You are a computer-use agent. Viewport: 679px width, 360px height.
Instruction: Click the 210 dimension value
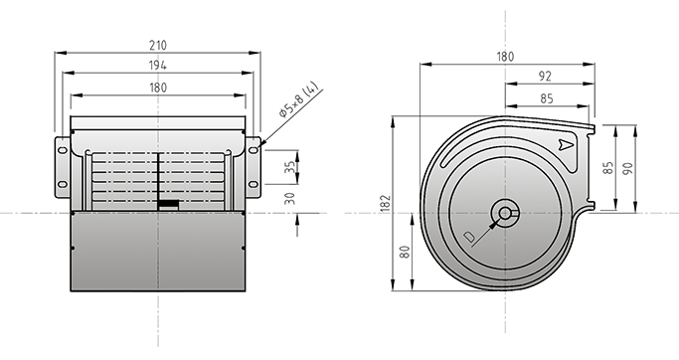coord(158,45)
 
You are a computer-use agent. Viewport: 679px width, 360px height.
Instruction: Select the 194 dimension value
coord(158,66)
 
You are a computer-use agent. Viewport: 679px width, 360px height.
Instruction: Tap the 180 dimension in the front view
coord(158,88)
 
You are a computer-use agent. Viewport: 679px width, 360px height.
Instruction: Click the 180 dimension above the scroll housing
coord(505,57)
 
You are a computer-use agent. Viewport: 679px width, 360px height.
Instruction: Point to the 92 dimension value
coord(545,77)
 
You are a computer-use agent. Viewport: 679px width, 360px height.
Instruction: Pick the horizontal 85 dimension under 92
coord(547,98)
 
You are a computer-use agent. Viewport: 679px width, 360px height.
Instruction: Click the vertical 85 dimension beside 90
coord(608,168)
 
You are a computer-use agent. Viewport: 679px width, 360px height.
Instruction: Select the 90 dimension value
coord(628,168)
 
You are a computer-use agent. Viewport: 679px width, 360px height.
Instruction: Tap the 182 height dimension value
coord(386,204)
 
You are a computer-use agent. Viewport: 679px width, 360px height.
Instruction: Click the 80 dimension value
coord(405,252)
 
